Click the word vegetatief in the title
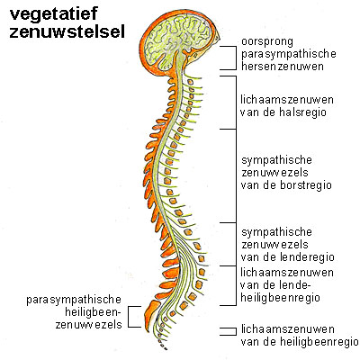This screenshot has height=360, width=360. pos(54,15)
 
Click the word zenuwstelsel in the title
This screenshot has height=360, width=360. pos(67,32)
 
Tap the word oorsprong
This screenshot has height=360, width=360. pos(267,42)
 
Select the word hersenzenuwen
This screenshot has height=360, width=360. pos(283,67)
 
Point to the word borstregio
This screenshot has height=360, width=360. pos(306,184)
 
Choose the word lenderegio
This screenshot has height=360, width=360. pos(308,257)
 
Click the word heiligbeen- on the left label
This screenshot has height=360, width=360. pos(93,312)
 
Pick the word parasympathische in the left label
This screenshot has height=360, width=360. pos(74,300)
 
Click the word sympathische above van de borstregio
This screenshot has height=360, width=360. pos(276,160)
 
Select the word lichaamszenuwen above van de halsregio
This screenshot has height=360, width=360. pos(287,99)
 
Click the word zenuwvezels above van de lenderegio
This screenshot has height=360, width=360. pos(274,245)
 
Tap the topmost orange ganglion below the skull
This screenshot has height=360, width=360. pos(190,82)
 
